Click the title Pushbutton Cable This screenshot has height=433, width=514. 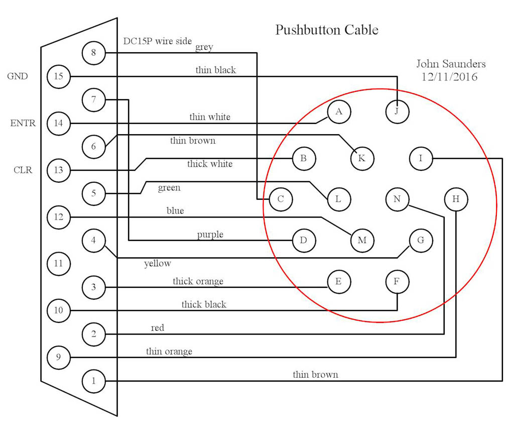(326, 30)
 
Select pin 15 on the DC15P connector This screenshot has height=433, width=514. (58, 77)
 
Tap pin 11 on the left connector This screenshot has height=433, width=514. (58, 263)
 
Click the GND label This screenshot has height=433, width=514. (17, 76)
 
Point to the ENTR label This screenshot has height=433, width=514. (23, 123)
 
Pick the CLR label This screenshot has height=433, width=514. (23, 170)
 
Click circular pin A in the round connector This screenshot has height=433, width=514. (339, 112)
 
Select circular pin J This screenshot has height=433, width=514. (397, 112)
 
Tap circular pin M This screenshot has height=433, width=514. (362, 241)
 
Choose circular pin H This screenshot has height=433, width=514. (456, 199)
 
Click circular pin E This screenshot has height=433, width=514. (338, 282)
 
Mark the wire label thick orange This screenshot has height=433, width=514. (198, 281)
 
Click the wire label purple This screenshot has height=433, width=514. (210, 235)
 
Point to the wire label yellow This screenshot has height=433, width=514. (158, 263)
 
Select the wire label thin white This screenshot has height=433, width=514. (210, 117)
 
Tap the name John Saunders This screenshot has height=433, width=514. (451, 64)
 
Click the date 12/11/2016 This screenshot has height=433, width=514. (451, 77)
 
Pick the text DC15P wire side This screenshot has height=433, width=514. (158, 41)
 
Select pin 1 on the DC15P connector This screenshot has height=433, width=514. (93, 381)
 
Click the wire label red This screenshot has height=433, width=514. (158, 328)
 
